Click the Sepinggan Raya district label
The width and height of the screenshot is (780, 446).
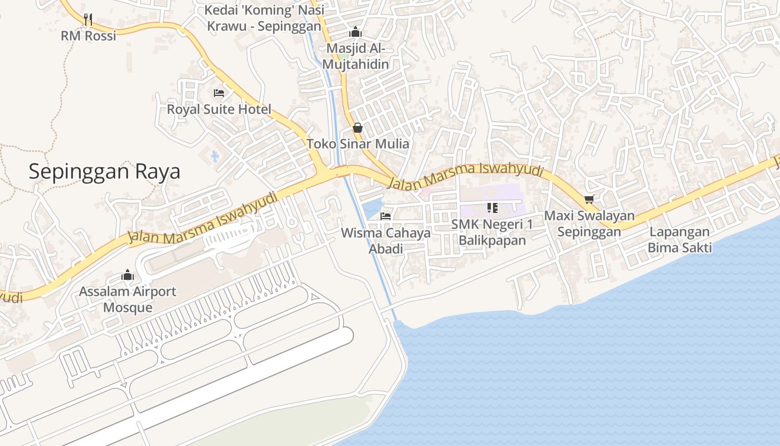[x=104, y=171]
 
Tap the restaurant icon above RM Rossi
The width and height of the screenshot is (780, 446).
[x=88, y=20]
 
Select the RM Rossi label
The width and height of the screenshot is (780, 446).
[x=89, y=36]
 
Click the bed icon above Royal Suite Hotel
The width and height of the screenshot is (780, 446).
[x=219, y=93]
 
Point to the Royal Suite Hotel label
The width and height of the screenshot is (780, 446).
[x=219, y=109]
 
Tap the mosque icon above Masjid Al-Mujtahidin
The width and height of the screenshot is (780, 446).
[x=355, y=32]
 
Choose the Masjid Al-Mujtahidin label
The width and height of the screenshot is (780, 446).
[x=355, y=56]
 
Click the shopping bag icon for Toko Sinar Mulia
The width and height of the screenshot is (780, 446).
[x=358, y=128]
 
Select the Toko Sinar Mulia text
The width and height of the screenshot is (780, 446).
[x=358, y=144]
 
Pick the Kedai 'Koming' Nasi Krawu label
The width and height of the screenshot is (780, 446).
[x=264, y=18]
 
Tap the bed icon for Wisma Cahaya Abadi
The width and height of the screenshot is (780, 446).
[x=386, y=216]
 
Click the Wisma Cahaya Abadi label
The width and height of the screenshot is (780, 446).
[x=386, y=240]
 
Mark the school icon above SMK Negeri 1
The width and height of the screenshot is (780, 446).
[x=492, y=208]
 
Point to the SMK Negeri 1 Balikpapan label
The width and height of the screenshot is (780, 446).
[x=492, y=232]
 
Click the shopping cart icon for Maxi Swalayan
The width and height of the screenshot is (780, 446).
[x=589, y=199]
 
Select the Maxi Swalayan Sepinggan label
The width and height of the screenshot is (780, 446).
[x=589, y=223]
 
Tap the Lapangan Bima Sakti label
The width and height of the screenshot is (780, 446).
[x=679, y=239]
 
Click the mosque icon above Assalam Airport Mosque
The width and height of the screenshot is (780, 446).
[x=128, y=275]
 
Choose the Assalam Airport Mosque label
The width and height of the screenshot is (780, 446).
[x=128, y=299]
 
